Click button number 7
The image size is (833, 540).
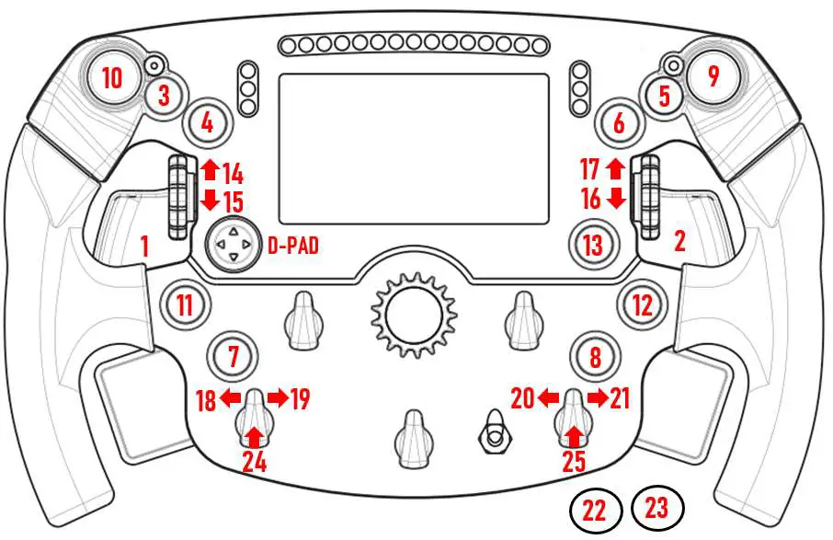(x=233, y=355)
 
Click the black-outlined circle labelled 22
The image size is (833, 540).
(x=595, y=510)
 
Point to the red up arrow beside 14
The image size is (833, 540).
(x=209, y=167)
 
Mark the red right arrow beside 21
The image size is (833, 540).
(x=597, y=398)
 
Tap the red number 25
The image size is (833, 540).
(x=574, y=460)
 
